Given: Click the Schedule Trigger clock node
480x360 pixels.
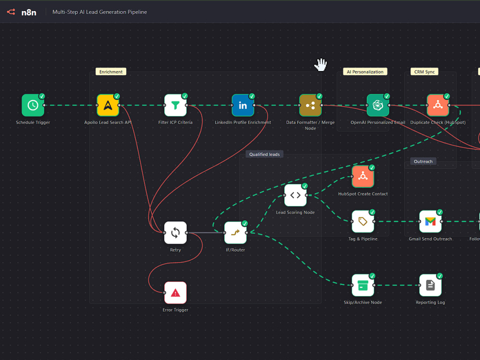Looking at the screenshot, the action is pos(33,105).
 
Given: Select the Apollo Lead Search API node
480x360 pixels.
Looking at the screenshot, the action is pos(108,105).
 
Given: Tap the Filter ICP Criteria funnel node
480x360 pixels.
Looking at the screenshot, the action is pos(175,105).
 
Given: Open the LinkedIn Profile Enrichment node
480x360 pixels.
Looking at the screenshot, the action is pos(243,105).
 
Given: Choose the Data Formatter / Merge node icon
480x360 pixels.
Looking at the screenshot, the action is pos(311,105).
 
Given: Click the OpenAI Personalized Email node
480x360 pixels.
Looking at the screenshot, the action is pos(378,105).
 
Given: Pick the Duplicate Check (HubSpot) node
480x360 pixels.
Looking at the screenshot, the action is pos(438,105).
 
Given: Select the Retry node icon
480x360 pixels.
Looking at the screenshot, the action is pos(175,233).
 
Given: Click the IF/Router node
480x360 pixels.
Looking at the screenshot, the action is pos(235,233).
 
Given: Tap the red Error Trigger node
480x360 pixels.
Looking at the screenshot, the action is pos(175,293).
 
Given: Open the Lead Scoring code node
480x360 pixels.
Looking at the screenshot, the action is pos(295,195).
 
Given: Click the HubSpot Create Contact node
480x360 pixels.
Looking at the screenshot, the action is pos(363,177).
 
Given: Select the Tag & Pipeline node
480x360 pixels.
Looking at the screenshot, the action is pos(363,221).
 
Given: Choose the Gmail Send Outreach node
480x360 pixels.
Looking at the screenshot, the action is pos(431,221).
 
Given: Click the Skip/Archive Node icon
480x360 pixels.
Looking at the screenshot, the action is pos(363,285).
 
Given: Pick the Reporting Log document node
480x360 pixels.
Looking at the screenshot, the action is pos(431,285).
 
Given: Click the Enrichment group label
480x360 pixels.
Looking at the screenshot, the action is pos(111,72).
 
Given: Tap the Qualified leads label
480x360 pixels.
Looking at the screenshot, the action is pos(264,154).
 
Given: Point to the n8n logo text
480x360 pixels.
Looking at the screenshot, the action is pos(29,12).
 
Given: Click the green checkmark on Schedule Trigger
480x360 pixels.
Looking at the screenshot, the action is pos(42,96).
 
